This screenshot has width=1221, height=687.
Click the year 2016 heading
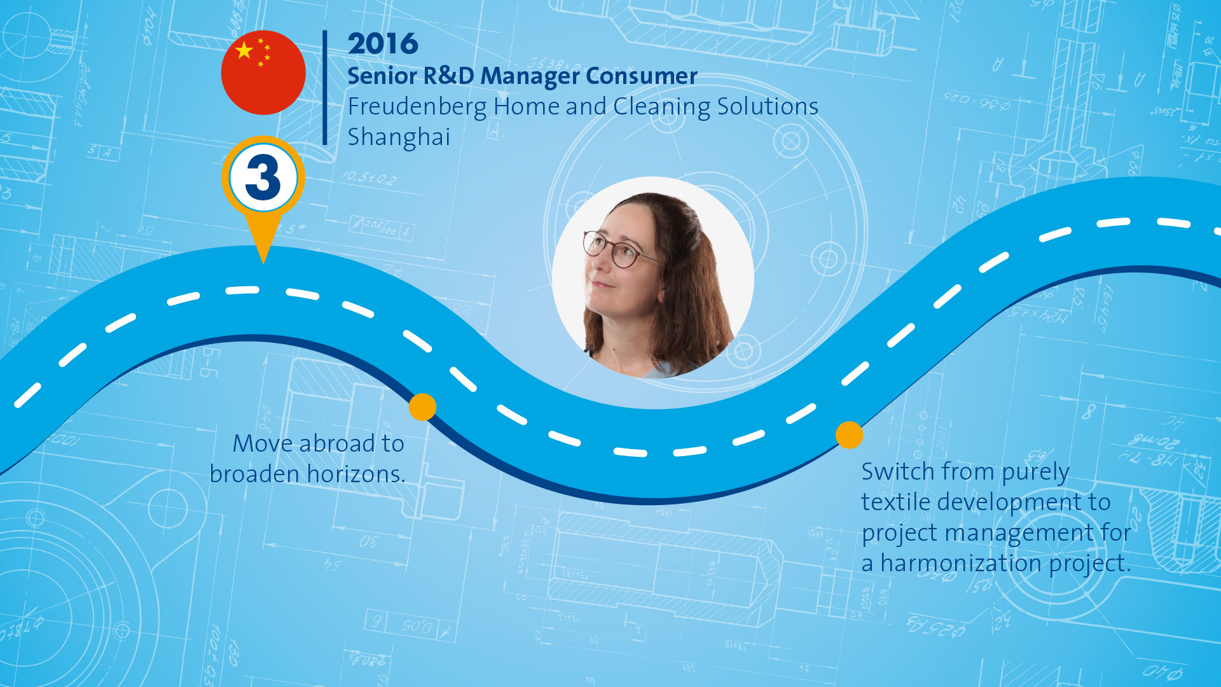point(383,44)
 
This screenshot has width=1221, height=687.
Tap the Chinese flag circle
point(263,73)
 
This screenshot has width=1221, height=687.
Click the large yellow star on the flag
point(244,50)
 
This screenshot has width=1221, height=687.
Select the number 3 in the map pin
point(263,177)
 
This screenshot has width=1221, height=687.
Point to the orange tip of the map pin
point(263,262)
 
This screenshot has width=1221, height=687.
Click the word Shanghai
point(399,137)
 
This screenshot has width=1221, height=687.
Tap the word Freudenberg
point(417,107)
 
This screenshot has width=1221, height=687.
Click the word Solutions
point(768,106)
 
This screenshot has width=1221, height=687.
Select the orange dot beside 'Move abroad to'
point(422,406)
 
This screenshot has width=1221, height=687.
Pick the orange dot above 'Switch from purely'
point(849,435)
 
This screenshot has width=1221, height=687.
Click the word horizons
point(356,474)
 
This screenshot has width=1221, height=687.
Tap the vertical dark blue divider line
point(325,88)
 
